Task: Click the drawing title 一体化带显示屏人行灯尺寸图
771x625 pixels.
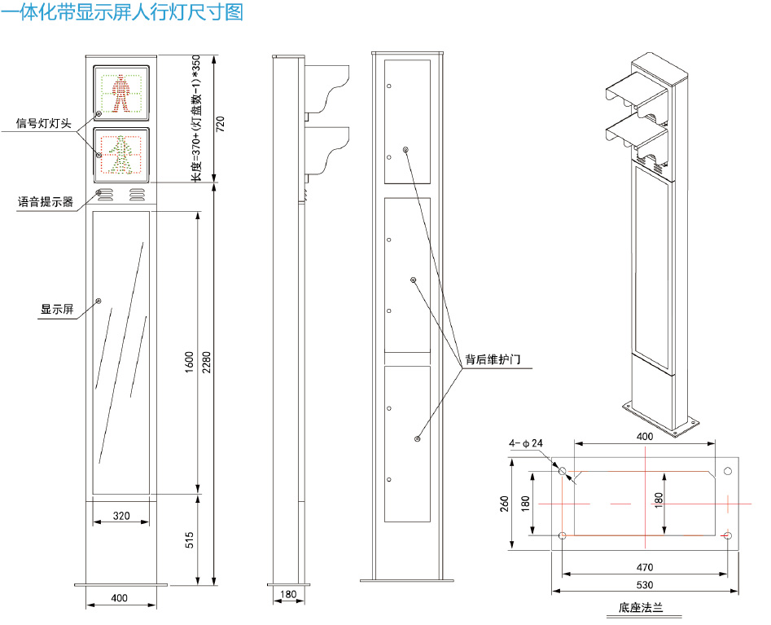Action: click(122, 14)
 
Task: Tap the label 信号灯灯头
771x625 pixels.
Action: click(44, 124)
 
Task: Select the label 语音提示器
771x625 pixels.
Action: click(46, 200)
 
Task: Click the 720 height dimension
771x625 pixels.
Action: click(218, 124)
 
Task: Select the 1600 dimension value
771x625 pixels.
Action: click(189, 363)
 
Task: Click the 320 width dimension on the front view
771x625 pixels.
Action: click(120, 516)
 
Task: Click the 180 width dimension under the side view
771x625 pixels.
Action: click(287, 594)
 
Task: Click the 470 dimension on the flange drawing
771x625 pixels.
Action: click(644, 566)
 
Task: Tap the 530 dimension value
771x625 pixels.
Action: click(644, 585)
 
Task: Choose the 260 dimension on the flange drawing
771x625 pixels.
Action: click(505, 504)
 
